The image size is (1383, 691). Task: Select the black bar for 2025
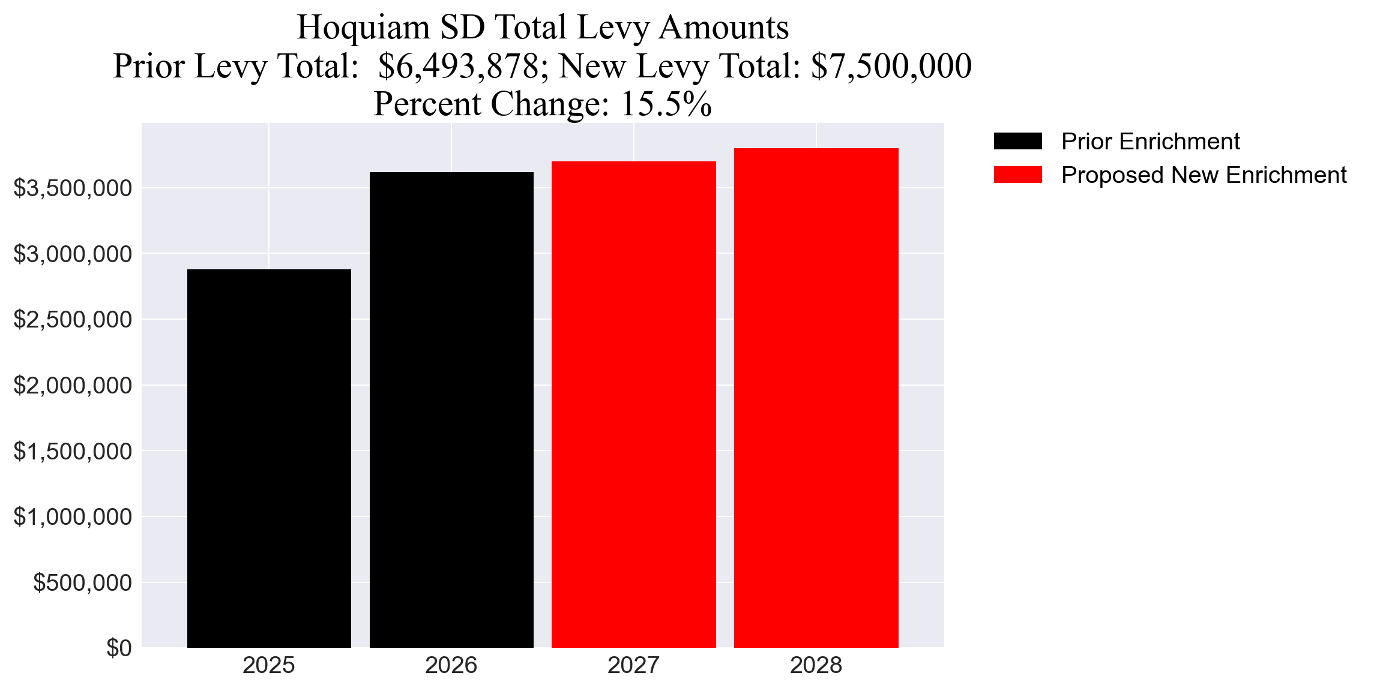pyautogui.click(x=269, y=458)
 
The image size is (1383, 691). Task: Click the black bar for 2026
pyautogui.click(x=451, y=410)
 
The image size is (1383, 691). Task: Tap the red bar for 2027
pyautogui.click(x=634, y=404)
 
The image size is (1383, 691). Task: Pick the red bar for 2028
pyautogui.click(x=816, y=398)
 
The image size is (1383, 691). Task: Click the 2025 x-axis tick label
pyautogui.click(x=269, y=665)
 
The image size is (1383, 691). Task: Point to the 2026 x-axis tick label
pyautogui.click(x=451, y=665)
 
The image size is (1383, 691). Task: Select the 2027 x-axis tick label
pyautogui.click(x=634, y=665)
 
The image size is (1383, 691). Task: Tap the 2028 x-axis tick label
pyautogui.click(x=816, y=665)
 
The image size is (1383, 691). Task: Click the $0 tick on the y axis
pyautogui.click(x=119, y=648)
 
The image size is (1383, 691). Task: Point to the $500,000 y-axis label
pyautogui.click(x=82, y=582)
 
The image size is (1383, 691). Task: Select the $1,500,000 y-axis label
pyautogui.click(x=73, y=451)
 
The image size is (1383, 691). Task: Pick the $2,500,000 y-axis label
pyautogui.click(x=73, y=320)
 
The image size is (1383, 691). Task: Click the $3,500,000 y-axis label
pyautogui.click(x=73, y=188)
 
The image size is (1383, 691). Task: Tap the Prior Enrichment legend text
pyautogui.click(x=1150, y=142)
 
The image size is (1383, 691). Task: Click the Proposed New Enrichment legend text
pyautogui.click(x=1204, y=175)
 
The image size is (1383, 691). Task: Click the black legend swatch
pyautogui.click(x=1018, y=142)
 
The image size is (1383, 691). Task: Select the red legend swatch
pyautogui.click(x=1018, y=175)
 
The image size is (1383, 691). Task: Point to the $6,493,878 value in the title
pyautogui.click(x=459, y=66)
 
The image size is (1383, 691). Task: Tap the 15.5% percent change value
pyautogui.click(x=666, y=104)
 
